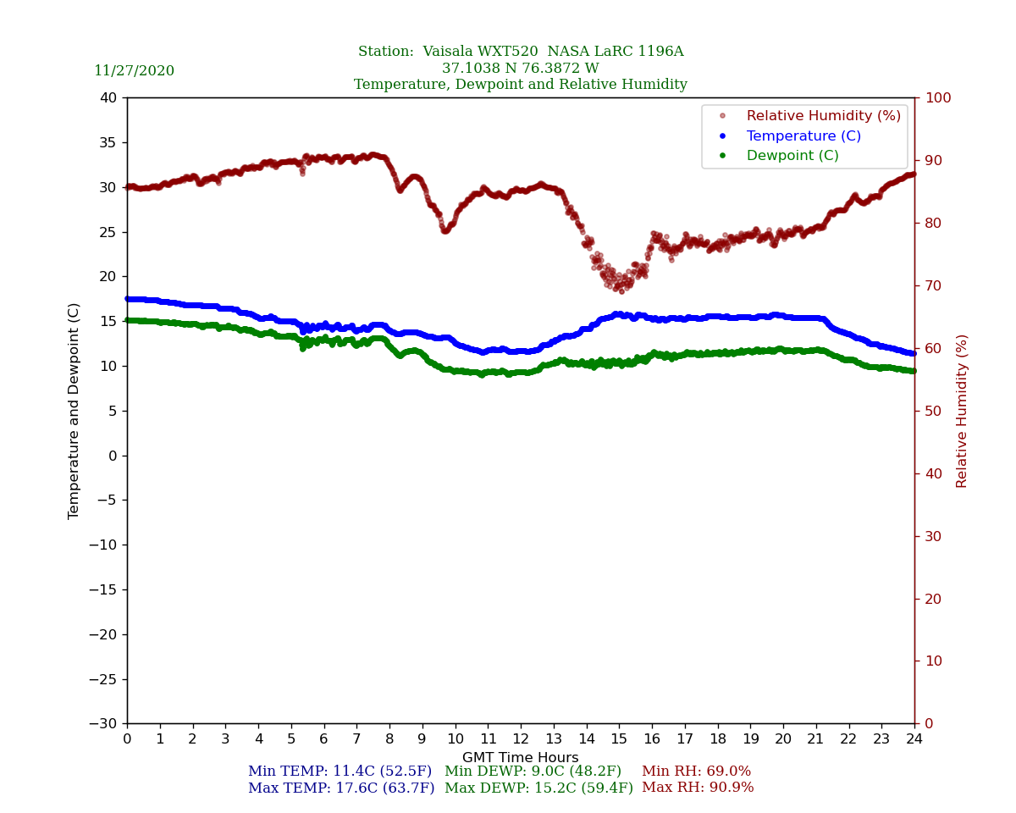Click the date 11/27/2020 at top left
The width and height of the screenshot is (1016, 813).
tap(134, 71)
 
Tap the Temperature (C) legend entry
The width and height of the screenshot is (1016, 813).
tap(803, 136)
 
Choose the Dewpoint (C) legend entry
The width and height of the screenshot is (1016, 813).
tap(792, 156)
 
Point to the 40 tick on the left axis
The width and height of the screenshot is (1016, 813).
tap(108, 97)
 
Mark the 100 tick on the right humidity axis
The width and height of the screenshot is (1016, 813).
tap(937, 97)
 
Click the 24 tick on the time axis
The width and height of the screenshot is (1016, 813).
tap(914, 739)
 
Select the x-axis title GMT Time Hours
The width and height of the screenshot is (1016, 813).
tap(521, 758)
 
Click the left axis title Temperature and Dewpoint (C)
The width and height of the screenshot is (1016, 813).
tap(75, 411)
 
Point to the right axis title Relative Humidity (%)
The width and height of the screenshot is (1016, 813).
tap(962, 411)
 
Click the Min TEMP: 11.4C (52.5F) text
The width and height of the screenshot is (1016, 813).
tap(340, 772)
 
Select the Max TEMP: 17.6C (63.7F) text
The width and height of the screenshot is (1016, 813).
tap(341, 788)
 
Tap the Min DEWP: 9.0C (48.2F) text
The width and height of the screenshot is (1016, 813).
tap(533, 772)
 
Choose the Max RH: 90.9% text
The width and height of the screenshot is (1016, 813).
tap(698, 788)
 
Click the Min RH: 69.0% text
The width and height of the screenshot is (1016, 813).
tap(696, 772)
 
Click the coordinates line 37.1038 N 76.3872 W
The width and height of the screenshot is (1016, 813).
tap(521, 69)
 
